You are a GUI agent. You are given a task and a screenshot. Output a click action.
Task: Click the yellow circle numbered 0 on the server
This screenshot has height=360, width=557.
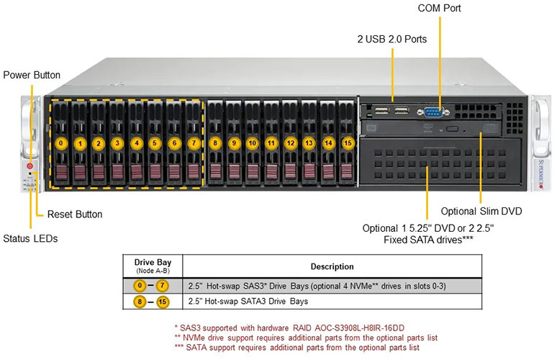point(63,143)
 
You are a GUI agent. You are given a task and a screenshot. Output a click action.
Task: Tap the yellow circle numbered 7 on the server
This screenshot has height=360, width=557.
point(193,143)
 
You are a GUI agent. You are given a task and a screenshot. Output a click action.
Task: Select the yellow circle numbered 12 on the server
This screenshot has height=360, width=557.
point(290,143)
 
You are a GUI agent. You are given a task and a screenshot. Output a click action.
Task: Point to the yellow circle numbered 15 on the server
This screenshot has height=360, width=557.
point(347,143)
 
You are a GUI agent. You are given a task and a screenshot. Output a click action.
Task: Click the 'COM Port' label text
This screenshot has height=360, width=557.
point(439,9)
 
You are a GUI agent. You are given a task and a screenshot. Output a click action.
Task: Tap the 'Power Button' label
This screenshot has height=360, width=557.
point(32,75)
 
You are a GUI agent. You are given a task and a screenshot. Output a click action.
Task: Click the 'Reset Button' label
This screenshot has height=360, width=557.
point(75,214)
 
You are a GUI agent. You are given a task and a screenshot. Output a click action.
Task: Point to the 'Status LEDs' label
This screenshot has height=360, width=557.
point(30,238)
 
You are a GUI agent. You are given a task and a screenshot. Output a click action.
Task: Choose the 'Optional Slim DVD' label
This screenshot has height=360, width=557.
point(481,211)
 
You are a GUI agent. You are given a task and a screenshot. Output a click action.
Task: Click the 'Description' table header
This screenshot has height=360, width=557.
point(332,266)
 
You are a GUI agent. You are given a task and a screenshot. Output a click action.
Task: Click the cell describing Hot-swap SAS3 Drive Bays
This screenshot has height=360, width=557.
point(316,286)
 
